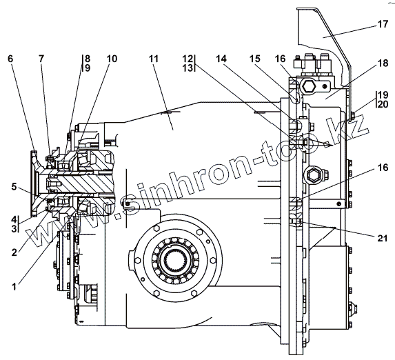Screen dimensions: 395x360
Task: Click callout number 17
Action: (383, 24)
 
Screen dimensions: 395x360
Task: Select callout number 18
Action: (383, 63)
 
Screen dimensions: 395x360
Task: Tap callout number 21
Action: (383, 238)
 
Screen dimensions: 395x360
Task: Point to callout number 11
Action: (154, 59)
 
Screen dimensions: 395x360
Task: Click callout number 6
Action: (10, 59)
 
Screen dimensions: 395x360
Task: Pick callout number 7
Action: (41, 59)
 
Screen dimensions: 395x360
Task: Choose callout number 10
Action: (112, 59)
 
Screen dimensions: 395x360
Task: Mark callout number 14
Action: (221, 59)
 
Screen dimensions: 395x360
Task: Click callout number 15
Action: (254, 59)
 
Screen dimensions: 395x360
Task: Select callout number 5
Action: (14, 187)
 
